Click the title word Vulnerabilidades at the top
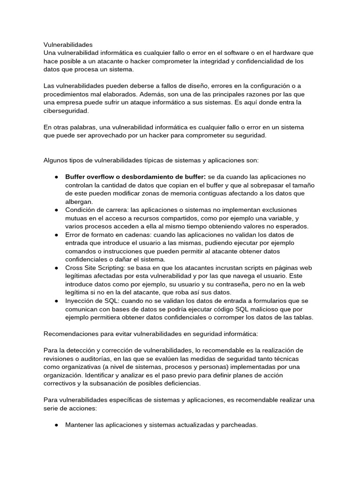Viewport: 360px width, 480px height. pos(68,45)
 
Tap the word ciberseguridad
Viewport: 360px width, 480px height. pos(66,111)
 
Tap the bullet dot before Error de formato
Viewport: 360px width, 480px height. pos(56,234)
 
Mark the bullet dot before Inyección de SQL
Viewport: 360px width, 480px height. pos(56,301)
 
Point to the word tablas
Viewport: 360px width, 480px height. pos(301,317)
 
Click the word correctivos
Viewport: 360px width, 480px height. pos(61,383)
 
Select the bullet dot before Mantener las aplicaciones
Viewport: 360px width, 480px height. pos(56,425)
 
